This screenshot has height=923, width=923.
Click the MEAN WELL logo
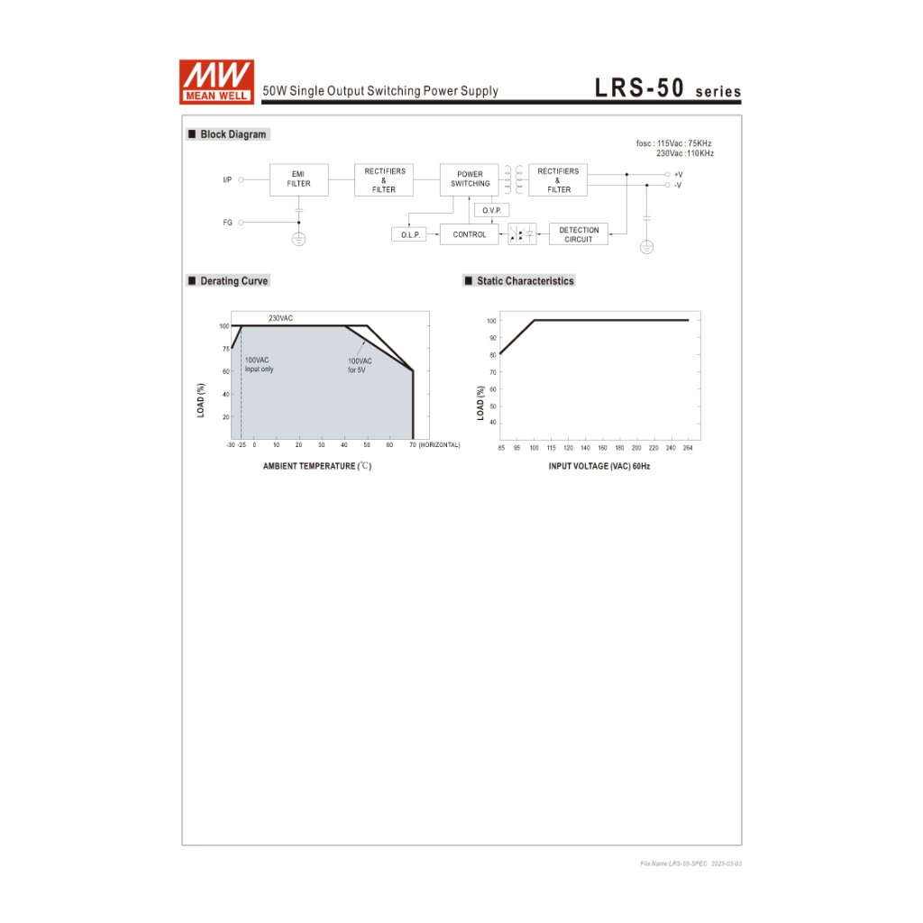(x=216, y=82)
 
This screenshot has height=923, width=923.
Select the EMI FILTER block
(x=299, y=179)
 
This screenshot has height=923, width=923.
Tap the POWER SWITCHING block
(x=469, y=179)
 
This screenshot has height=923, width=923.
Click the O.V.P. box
(x=491, y=210)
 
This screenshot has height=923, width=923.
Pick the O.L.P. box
(x=409, y=234)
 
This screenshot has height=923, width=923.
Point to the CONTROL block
(x=469, y=234)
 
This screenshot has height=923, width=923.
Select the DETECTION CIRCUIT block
(x=579, y=234)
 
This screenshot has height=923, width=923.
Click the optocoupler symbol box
(x=522, y=234)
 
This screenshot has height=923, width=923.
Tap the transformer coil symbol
(x=513, y=179)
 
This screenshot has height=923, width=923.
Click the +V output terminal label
(x=678, y=174)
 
